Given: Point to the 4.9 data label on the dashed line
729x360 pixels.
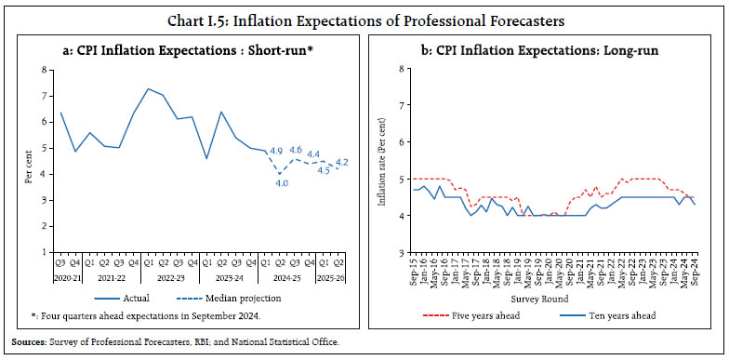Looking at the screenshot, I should [x=275, y=151].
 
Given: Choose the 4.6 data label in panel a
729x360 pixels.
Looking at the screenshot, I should [x=295, y=149].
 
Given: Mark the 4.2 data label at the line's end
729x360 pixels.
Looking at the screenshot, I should [x=341, y=162].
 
